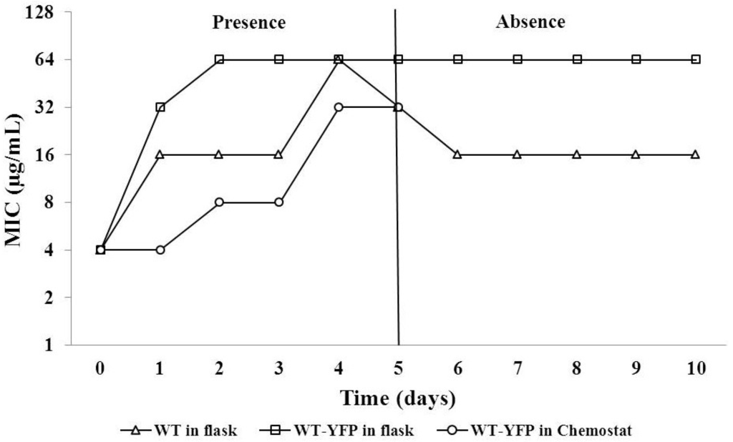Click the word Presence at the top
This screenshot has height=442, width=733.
click(x=248, y=22)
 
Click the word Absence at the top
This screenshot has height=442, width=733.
click(x=530, y=21)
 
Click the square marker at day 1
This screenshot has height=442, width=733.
click(x=160, y=107)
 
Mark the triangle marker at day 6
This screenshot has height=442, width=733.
click(x=457, y=154)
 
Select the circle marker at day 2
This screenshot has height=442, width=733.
click(x=220, y=202)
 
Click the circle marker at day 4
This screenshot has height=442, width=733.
click(x=339, y=107)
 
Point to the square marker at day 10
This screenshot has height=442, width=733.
click(x=695, y=59)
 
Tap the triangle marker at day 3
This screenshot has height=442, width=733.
click(x=279, y=154)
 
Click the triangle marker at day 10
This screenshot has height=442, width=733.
click(x=695, y=154)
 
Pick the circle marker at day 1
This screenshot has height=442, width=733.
click(x=160, y=250)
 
